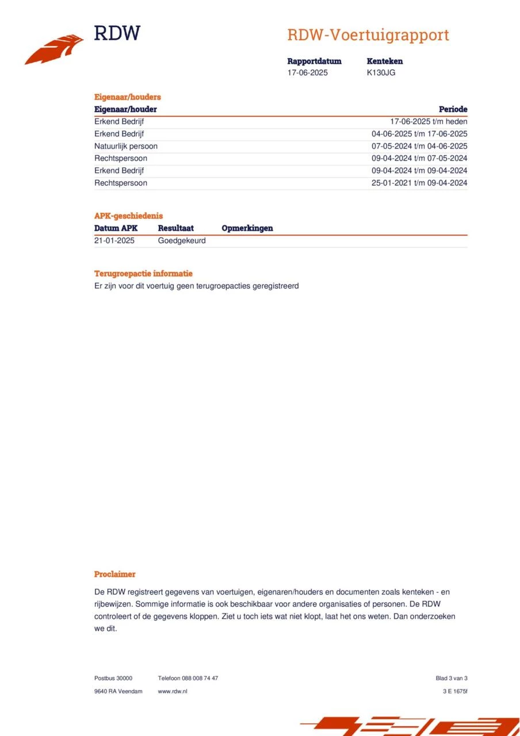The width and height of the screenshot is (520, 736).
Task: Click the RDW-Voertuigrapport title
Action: click(368, 35)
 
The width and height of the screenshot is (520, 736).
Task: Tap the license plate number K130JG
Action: click(381, 73)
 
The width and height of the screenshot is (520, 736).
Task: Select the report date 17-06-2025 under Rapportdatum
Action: click(308, 73)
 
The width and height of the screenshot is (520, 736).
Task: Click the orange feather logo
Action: click(54, 49)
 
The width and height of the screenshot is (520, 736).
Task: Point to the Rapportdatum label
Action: click(314, 61)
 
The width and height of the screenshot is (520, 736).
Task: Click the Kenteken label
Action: click(384, 61)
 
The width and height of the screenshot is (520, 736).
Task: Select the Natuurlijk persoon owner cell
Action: click(126, 146)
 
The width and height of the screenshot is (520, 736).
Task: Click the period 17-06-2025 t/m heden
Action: click(429, 121)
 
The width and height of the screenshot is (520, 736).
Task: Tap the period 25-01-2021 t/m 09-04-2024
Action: click(419, 183)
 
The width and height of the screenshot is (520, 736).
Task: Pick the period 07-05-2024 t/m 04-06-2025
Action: click(419, 146)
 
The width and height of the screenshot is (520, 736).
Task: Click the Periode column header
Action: click(453, 109)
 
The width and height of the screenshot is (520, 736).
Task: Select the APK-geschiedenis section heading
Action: click(128, 216)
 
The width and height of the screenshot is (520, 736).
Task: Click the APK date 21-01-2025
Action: click(114, 240)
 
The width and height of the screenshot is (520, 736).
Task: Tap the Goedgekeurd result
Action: click(182, 240)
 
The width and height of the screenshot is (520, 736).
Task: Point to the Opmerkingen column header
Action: click(247, 228)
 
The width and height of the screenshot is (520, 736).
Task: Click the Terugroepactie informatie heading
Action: click(143, 274)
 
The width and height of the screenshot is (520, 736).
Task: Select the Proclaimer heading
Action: click(115, 574)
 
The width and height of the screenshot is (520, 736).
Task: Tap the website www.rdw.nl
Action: click(173, 691)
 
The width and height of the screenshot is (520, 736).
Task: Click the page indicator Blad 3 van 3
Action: click(452, 678)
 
